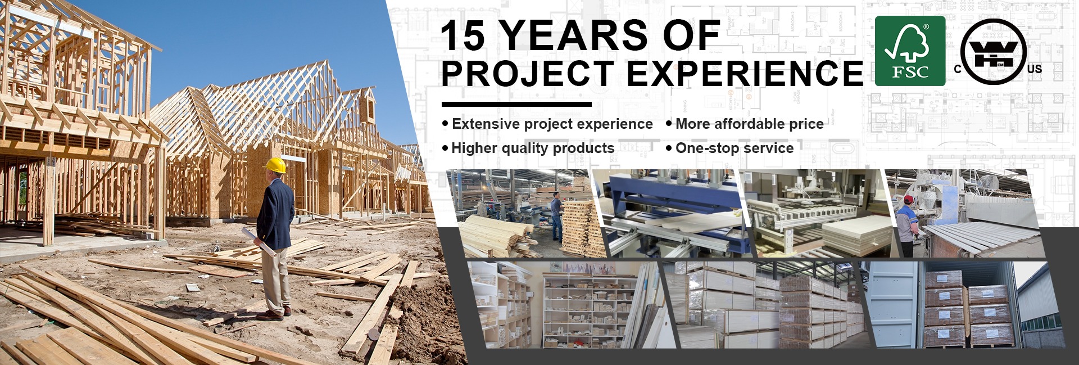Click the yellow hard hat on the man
(275, 165)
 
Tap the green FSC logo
(910, 51)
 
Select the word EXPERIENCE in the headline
(745, 73)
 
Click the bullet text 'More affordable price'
(750, 124)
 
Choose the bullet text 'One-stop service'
(735, 148)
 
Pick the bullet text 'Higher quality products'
(533, 148)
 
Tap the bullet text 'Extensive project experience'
(552, 124)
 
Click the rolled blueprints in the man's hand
(258, 241)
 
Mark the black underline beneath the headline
(516, 104)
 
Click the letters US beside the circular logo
(1035, 69)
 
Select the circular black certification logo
(994, 52)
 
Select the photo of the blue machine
(672, 213)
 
